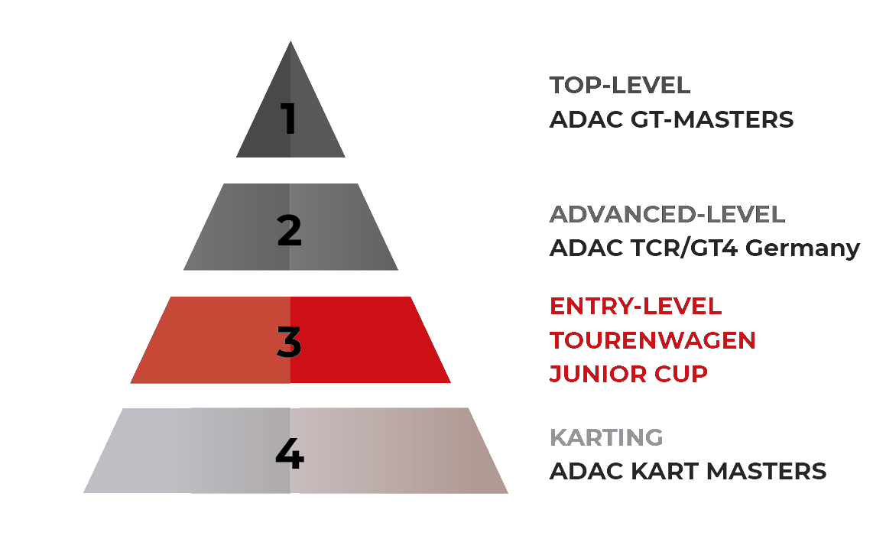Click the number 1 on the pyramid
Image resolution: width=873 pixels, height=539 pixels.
[x=288, y=119]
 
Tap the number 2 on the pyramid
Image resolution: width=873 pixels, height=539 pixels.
[x=289, y=230]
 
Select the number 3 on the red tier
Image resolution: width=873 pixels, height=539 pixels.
[x=289, y=342]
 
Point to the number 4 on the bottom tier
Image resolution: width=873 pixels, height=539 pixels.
[x=289, y=454]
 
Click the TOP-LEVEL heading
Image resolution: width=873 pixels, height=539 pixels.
[x=620, y=85]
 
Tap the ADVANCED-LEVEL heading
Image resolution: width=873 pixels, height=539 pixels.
[x=667, y=215]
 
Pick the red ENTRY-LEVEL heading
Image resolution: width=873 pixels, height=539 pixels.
[x=635, y=306]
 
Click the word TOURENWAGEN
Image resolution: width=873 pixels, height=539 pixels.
[x=652, y=340]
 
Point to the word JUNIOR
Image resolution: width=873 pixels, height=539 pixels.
[x=596, y=374]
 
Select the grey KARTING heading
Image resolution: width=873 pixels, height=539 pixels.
[x=606, y=437]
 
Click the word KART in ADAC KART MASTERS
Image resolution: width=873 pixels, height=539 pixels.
[x=658, y=471]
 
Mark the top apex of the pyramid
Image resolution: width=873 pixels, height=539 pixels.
[x=290, y=44]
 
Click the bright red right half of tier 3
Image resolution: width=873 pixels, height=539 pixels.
[x=367, y=340]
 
